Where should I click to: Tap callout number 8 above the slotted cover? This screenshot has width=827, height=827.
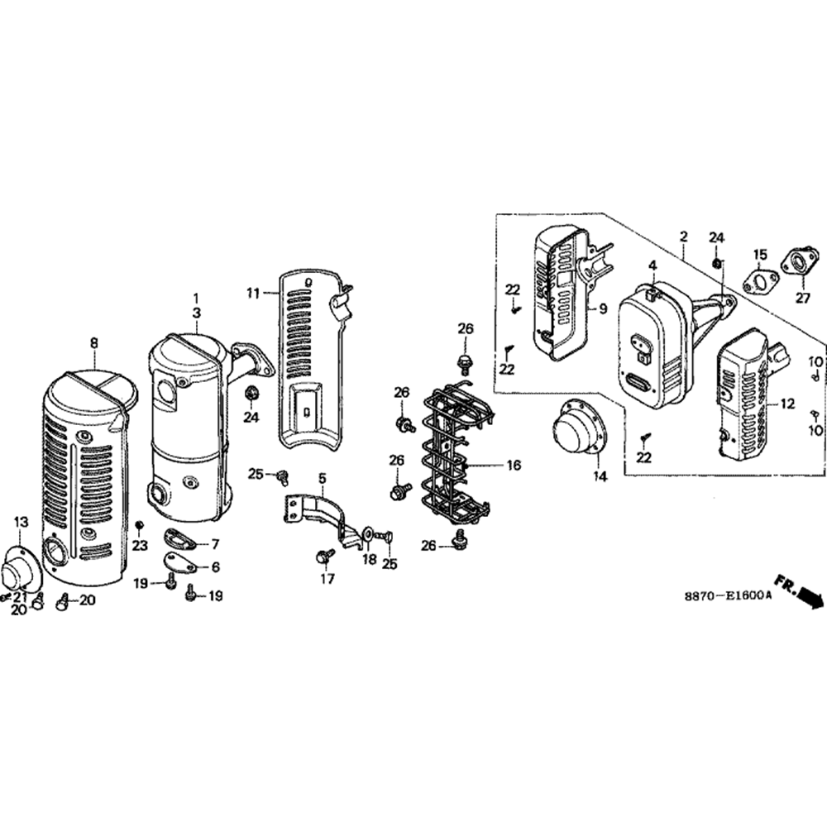[x=94, y=343]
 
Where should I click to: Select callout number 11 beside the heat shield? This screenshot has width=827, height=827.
[x=254, y=293]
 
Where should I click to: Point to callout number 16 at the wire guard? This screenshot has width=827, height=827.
[x=514, y=465]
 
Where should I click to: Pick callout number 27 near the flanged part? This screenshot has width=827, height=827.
[x=802, y=298]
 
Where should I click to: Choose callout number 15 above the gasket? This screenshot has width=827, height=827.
[x=759, y=256]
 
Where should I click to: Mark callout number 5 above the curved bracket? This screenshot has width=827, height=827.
[x=322, y=478]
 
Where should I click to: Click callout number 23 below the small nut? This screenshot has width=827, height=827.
[x=140, y=545]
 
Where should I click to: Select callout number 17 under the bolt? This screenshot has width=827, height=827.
[x=327, y=579]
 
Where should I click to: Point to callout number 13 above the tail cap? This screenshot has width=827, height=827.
[x=21, y=522]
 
